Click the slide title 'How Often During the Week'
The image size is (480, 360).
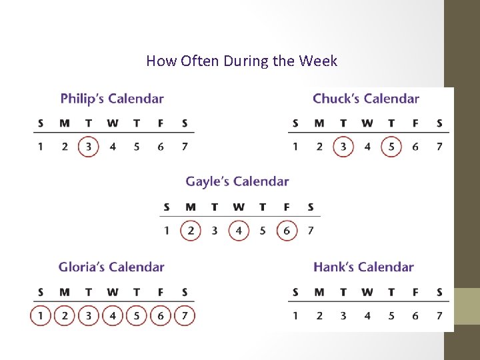(x=241, y=61)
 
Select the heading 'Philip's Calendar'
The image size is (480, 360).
(x=112, y=99)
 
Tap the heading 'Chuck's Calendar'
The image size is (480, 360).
(x=366, y=99)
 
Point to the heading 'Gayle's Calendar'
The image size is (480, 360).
(x=237, y=181)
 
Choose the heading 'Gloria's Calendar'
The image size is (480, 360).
(x=111, y=267)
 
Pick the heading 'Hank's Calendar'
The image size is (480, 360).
(x=363, y=267)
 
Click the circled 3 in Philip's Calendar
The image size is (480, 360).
(x=89, y=147)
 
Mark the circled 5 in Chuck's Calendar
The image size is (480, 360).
(x=391, y=147)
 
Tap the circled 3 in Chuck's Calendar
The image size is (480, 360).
(x=343, y=147)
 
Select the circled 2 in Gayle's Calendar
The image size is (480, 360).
(x=191, y=231)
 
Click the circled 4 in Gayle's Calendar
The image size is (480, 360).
(x=239, y=231)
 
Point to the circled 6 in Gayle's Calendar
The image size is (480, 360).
(x=287, y=231)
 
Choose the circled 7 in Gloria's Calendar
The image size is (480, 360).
(x=185, y=315)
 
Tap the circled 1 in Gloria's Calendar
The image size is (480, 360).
(x=41, y=315)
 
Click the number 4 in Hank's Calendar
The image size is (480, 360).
(x=367, y=315)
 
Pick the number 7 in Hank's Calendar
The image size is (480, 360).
(x=439, y=315)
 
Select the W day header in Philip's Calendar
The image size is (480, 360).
(x=113, y=123)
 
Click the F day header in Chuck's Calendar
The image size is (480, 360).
(x=415, y=123)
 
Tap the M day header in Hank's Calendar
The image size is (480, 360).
(x=319, y=292)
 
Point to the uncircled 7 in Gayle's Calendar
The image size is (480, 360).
(x=311, y=231)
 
